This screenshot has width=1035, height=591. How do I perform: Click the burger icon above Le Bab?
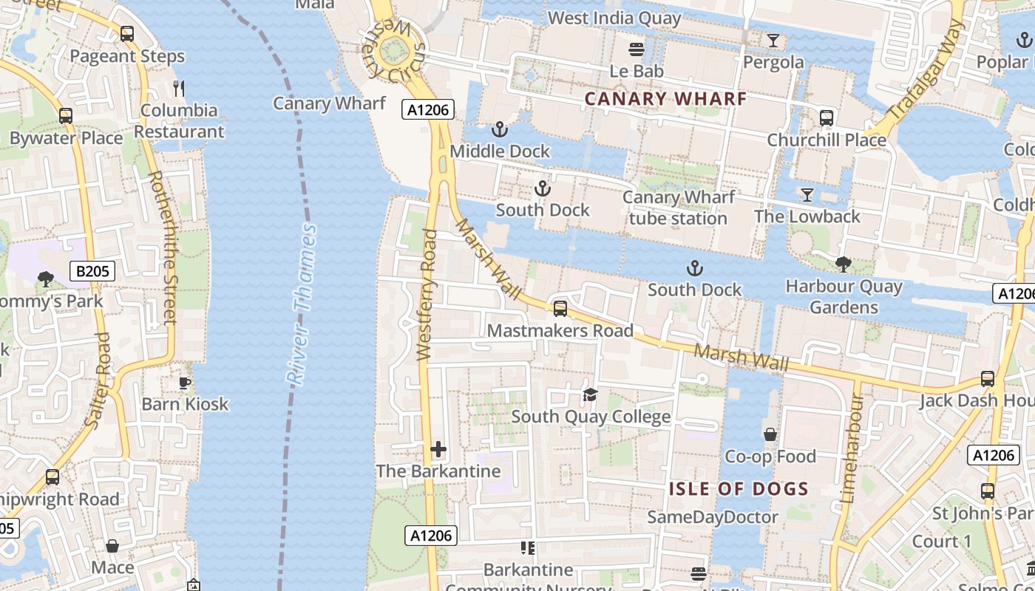pos(637,49)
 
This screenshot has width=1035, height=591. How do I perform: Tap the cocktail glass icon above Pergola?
pos(773,40)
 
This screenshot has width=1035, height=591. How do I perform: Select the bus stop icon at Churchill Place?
pos(827,117)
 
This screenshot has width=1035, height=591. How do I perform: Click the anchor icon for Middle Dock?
pos(500,129)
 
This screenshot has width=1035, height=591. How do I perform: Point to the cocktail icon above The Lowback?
pos(807,195)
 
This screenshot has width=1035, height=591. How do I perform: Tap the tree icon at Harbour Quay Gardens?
pos(843,264)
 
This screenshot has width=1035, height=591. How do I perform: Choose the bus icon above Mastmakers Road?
pos(560,309)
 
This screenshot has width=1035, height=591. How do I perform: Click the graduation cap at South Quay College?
pos(590,394)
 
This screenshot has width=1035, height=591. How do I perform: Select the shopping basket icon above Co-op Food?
pos(770,434)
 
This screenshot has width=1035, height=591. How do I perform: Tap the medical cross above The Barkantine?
pos(438,449)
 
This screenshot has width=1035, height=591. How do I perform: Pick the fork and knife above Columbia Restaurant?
pos(178,89)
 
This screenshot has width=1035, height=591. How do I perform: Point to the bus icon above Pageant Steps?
pos(127,34)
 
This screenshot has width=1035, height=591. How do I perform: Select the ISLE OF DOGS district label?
pos(739,488)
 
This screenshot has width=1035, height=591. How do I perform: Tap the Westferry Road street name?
pos(427,295)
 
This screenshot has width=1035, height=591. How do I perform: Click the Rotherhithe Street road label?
pos(163,247)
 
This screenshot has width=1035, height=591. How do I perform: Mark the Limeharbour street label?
pos(852,448)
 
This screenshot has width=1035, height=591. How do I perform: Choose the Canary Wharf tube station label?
pos(678,208)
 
